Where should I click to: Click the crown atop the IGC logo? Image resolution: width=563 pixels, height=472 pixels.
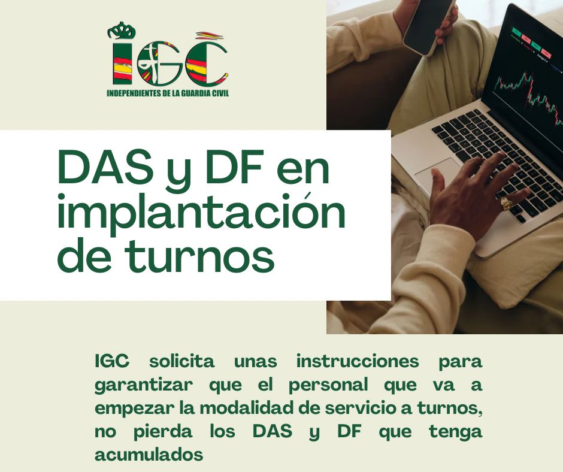click(x=122, y=31)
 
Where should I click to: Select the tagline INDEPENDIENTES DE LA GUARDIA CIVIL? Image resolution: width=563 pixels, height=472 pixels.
click(x=168, y=93)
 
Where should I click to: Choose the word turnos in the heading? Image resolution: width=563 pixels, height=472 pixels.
click(x=199, y=256)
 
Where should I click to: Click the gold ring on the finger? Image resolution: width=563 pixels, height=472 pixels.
click(x=506, y=203)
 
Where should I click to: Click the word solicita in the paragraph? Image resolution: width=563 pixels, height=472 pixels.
click(x=181, y=361)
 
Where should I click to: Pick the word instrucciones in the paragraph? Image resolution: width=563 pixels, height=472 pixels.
click(x=357, y=361)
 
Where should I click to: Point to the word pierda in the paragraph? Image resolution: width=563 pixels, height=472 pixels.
click(x=163, y=432)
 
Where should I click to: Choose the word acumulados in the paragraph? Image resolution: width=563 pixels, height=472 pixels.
click(x=149, y=455)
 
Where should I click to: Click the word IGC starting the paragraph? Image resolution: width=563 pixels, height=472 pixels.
click(x=111, y=361)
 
